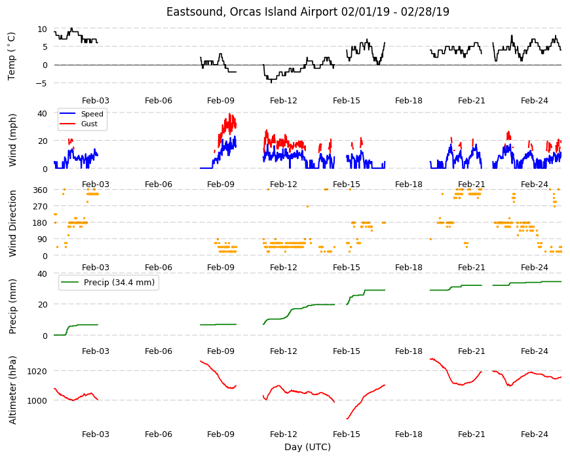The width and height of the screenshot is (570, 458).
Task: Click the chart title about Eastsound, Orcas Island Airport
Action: point(307,12)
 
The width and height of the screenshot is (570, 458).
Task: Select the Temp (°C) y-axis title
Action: point(12,56)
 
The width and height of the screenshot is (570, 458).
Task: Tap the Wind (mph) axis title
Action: point(12,140)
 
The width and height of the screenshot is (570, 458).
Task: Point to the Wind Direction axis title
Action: point(12,224)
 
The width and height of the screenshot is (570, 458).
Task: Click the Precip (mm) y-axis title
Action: point(12,306)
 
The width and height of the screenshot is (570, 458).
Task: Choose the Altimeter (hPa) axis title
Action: point(12,390)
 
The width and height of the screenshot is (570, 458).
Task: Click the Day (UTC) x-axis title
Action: point(307,447)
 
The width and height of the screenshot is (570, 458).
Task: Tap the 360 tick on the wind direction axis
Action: point(40,190)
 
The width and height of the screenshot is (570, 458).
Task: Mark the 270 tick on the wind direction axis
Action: point(40,207)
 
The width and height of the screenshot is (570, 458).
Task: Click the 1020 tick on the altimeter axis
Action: point(37,371)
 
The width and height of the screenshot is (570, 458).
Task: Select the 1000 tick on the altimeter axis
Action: point(37,400)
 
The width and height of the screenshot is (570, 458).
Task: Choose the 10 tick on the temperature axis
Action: point(43,29)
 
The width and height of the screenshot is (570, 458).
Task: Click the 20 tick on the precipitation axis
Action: point(43,304)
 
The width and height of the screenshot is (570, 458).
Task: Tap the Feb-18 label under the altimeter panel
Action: point(409,434)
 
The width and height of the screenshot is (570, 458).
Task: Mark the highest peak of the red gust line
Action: point(229,114)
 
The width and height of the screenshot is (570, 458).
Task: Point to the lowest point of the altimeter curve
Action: point(347,419)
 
